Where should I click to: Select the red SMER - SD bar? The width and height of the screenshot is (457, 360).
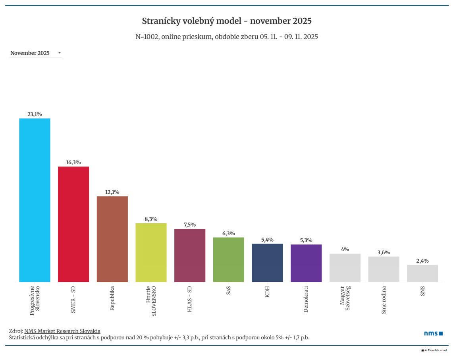pos(73,224)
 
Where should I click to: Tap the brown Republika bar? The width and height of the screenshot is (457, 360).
pos(112,239)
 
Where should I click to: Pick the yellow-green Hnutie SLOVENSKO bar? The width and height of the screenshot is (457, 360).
pos(151,252)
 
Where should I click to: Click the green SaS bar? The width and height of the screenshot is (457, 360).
pos(229,259)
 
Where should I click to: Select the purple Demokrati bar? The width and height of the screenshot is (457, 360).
pos(306,263)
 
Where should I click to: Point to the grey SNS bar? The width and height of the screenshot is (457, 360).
pos(422,273)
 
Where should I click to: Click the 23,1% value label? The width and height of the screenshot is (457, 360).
pos(35,114)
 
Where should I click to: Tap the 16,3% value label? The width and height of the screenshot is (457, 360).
pos(73,162)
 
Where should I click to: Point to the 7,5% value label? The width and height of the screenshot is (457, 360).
pos(190,225)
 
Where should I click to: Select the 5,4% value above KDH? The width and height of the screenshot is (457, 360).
pos(267,240)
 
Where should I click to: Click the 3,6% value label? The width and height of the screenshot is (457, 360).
pos(384,252)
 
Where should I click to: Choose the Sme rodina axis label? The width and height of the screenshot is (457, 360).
pos(384,300)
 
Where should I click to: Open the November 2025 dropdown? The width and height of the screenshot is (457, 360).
pos(36,53)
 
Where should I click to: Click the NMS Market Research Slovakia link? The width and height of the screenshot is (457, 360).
pos(62,331)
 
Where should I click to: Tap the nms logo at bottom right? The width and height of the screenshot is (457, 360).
pos(433,333)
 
